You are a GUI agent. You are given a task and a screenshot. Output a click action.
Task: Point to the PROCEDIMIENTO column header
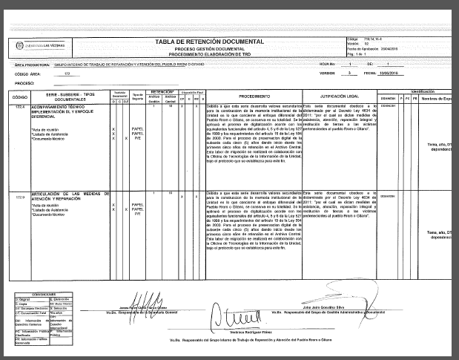254,97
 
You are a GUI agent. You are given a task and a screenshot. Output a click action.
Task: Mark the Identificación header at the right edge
437,90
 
